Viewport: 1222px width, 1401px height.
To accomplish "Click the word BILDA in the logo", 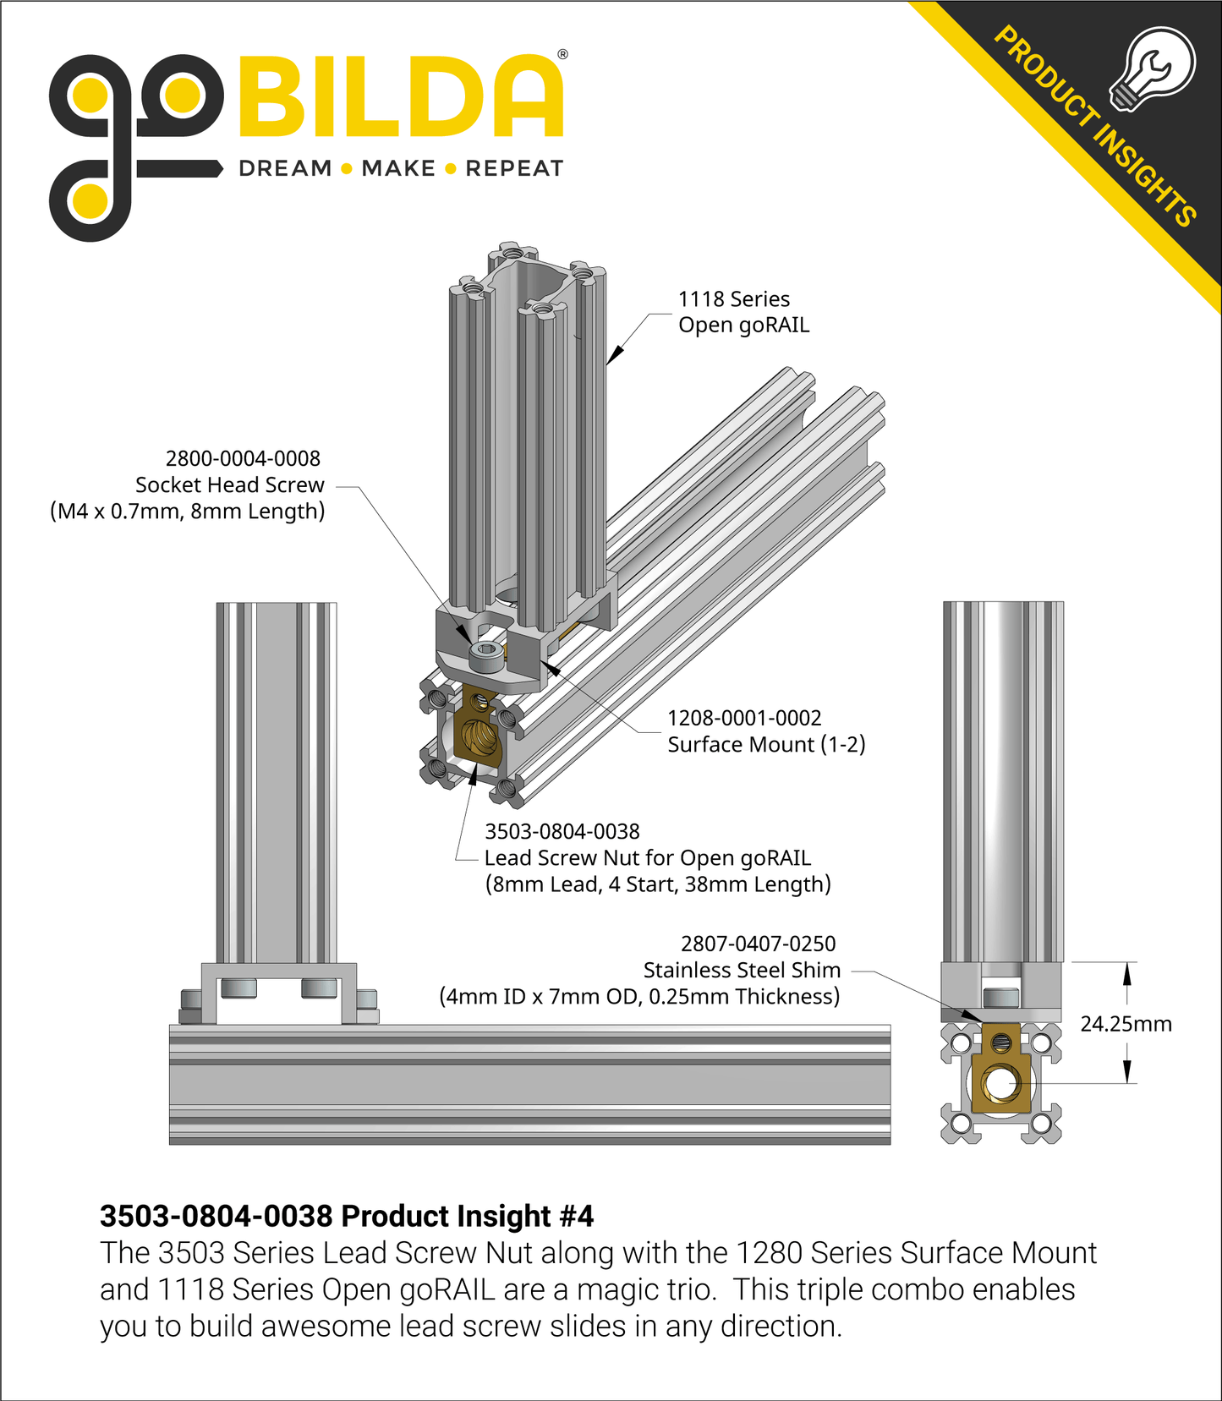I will (400, 97).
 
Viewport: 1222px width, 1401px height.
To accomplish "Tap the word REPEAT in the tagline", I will (514, 169).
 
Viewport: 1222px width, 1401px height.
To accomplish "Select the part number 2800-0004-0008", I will (243, 459).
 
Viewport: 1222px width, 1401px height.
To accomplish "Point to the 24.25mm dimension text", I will (1126, 1025).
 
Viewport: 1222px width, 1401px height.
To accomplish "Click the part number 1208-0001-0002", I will (744, 719).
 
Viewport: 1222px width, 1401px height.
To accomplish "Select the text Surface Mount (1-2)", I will (766, 745).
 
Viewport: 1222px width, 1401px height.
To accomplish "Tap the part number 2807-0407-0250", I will (758, 944).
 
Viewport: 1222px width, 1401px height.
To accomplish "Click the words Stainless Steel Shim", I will (742, 971).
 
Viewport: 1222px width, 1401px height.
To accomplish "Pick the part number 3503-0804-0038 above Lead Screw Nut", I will (562, 832).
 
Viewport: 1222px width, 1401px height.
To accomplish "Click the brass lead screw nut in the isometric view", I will (477, 729).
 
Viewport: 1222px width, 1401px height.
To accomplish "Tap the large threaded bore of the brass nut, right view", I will (1000, 1084).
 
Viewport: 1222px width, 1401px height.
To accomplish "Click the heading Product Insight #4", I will (347, 1217).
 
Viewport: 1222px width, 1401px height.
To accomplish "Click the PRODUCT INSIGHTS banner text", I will (1095, 127).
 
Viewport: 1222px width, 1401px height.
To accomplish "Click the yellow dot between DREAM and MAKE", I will (346, 169).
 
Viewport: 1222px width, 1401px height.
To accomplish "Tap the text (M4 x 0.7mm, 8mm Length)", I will (187, 512).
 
